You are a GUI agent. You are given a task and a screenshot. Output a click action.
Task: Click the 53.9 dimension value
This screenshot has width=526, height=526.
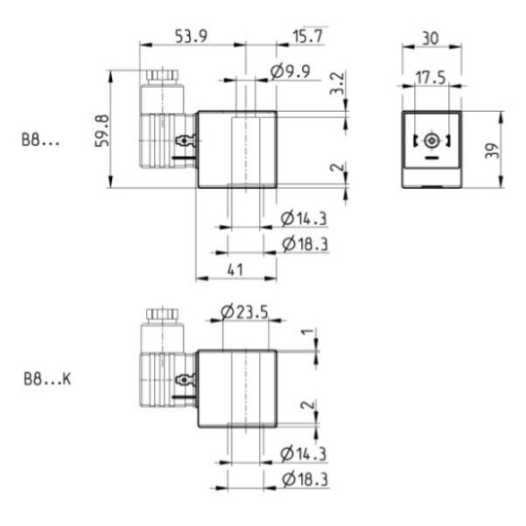point(189,37)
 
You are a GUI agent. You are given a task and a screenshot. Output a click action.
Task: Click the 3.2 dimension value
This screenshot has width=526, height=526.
point(337,85)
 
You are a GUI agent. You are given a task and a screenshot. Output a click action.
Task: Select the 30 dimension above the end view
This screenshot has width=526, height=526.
point(432,37)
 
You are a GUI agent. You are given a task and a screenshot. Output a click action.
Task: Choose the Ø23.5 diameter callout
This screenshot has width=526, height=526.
point(244,312)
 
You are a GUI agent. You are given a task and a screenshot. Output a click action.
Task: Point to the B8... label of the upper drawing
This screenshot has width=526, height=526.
point(41,139)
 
